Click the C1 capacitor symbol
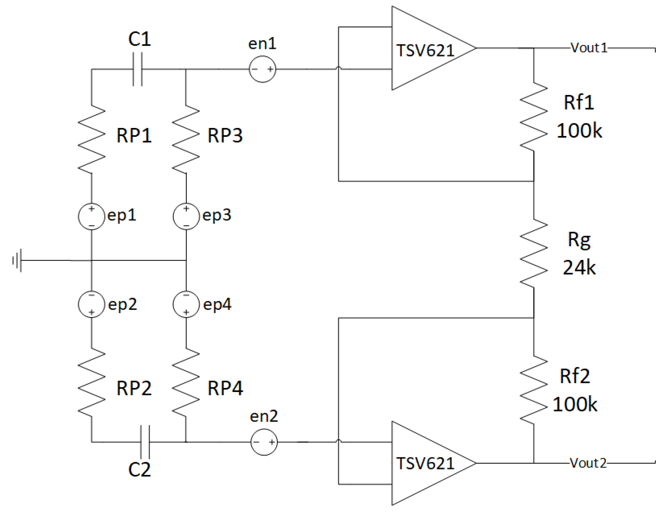(138, 69)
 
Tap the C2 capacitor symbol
(145, 442)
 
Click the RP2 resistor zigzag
(92, 382)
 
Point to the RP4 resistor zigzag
(186, 382)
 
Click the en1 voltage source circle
(262, 69)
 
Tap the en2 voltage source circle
(264, 442)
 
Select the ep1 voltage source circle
(92, 216)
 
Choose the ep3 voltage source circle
(186, 216)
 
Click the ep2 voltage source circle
(92, 304)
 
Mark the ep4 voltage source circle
(186, 304)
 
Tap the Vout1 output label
(589, 48)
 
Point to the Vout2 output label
(588, 463)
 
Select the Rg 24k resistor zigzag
(534, 253)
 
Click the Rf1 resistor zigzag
(534, 116)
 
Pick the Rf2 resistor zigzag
(534, 389)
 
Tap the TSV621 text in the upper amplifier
(425, 51)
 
